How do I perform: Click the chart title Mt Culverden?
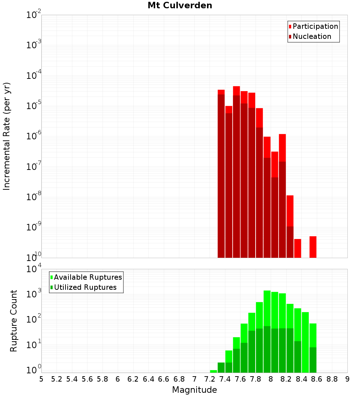pos(180,5)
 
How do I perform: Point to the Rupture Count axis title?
pos(14,321)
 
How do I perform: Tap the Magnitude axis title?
pos(194,390)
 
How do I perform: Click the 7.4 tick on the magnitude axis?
pos(225,379)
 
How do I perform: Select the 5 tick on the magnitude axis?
pos(41,379)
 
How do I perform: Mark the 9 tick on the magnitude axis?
pos(347,379)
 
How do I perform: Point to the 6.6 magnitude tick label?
pos(164,379)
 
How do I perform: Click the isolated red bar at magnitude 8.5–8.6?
pos(313,247)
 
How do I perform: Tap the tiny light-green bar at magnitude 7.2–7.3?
pos(213,371)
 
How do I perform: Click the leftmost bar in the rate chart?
pos(221,173)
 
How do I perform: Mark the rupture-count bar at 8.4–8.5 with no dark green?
pos(305,342)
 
